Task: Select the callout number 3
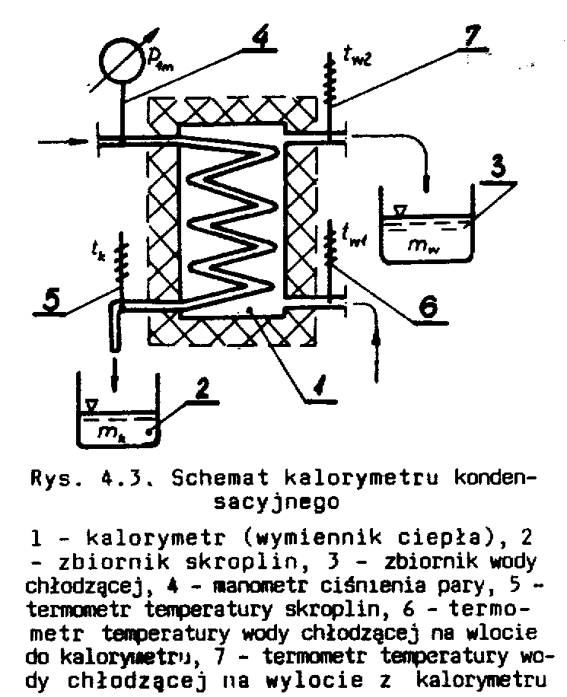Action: pos(499,167)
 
